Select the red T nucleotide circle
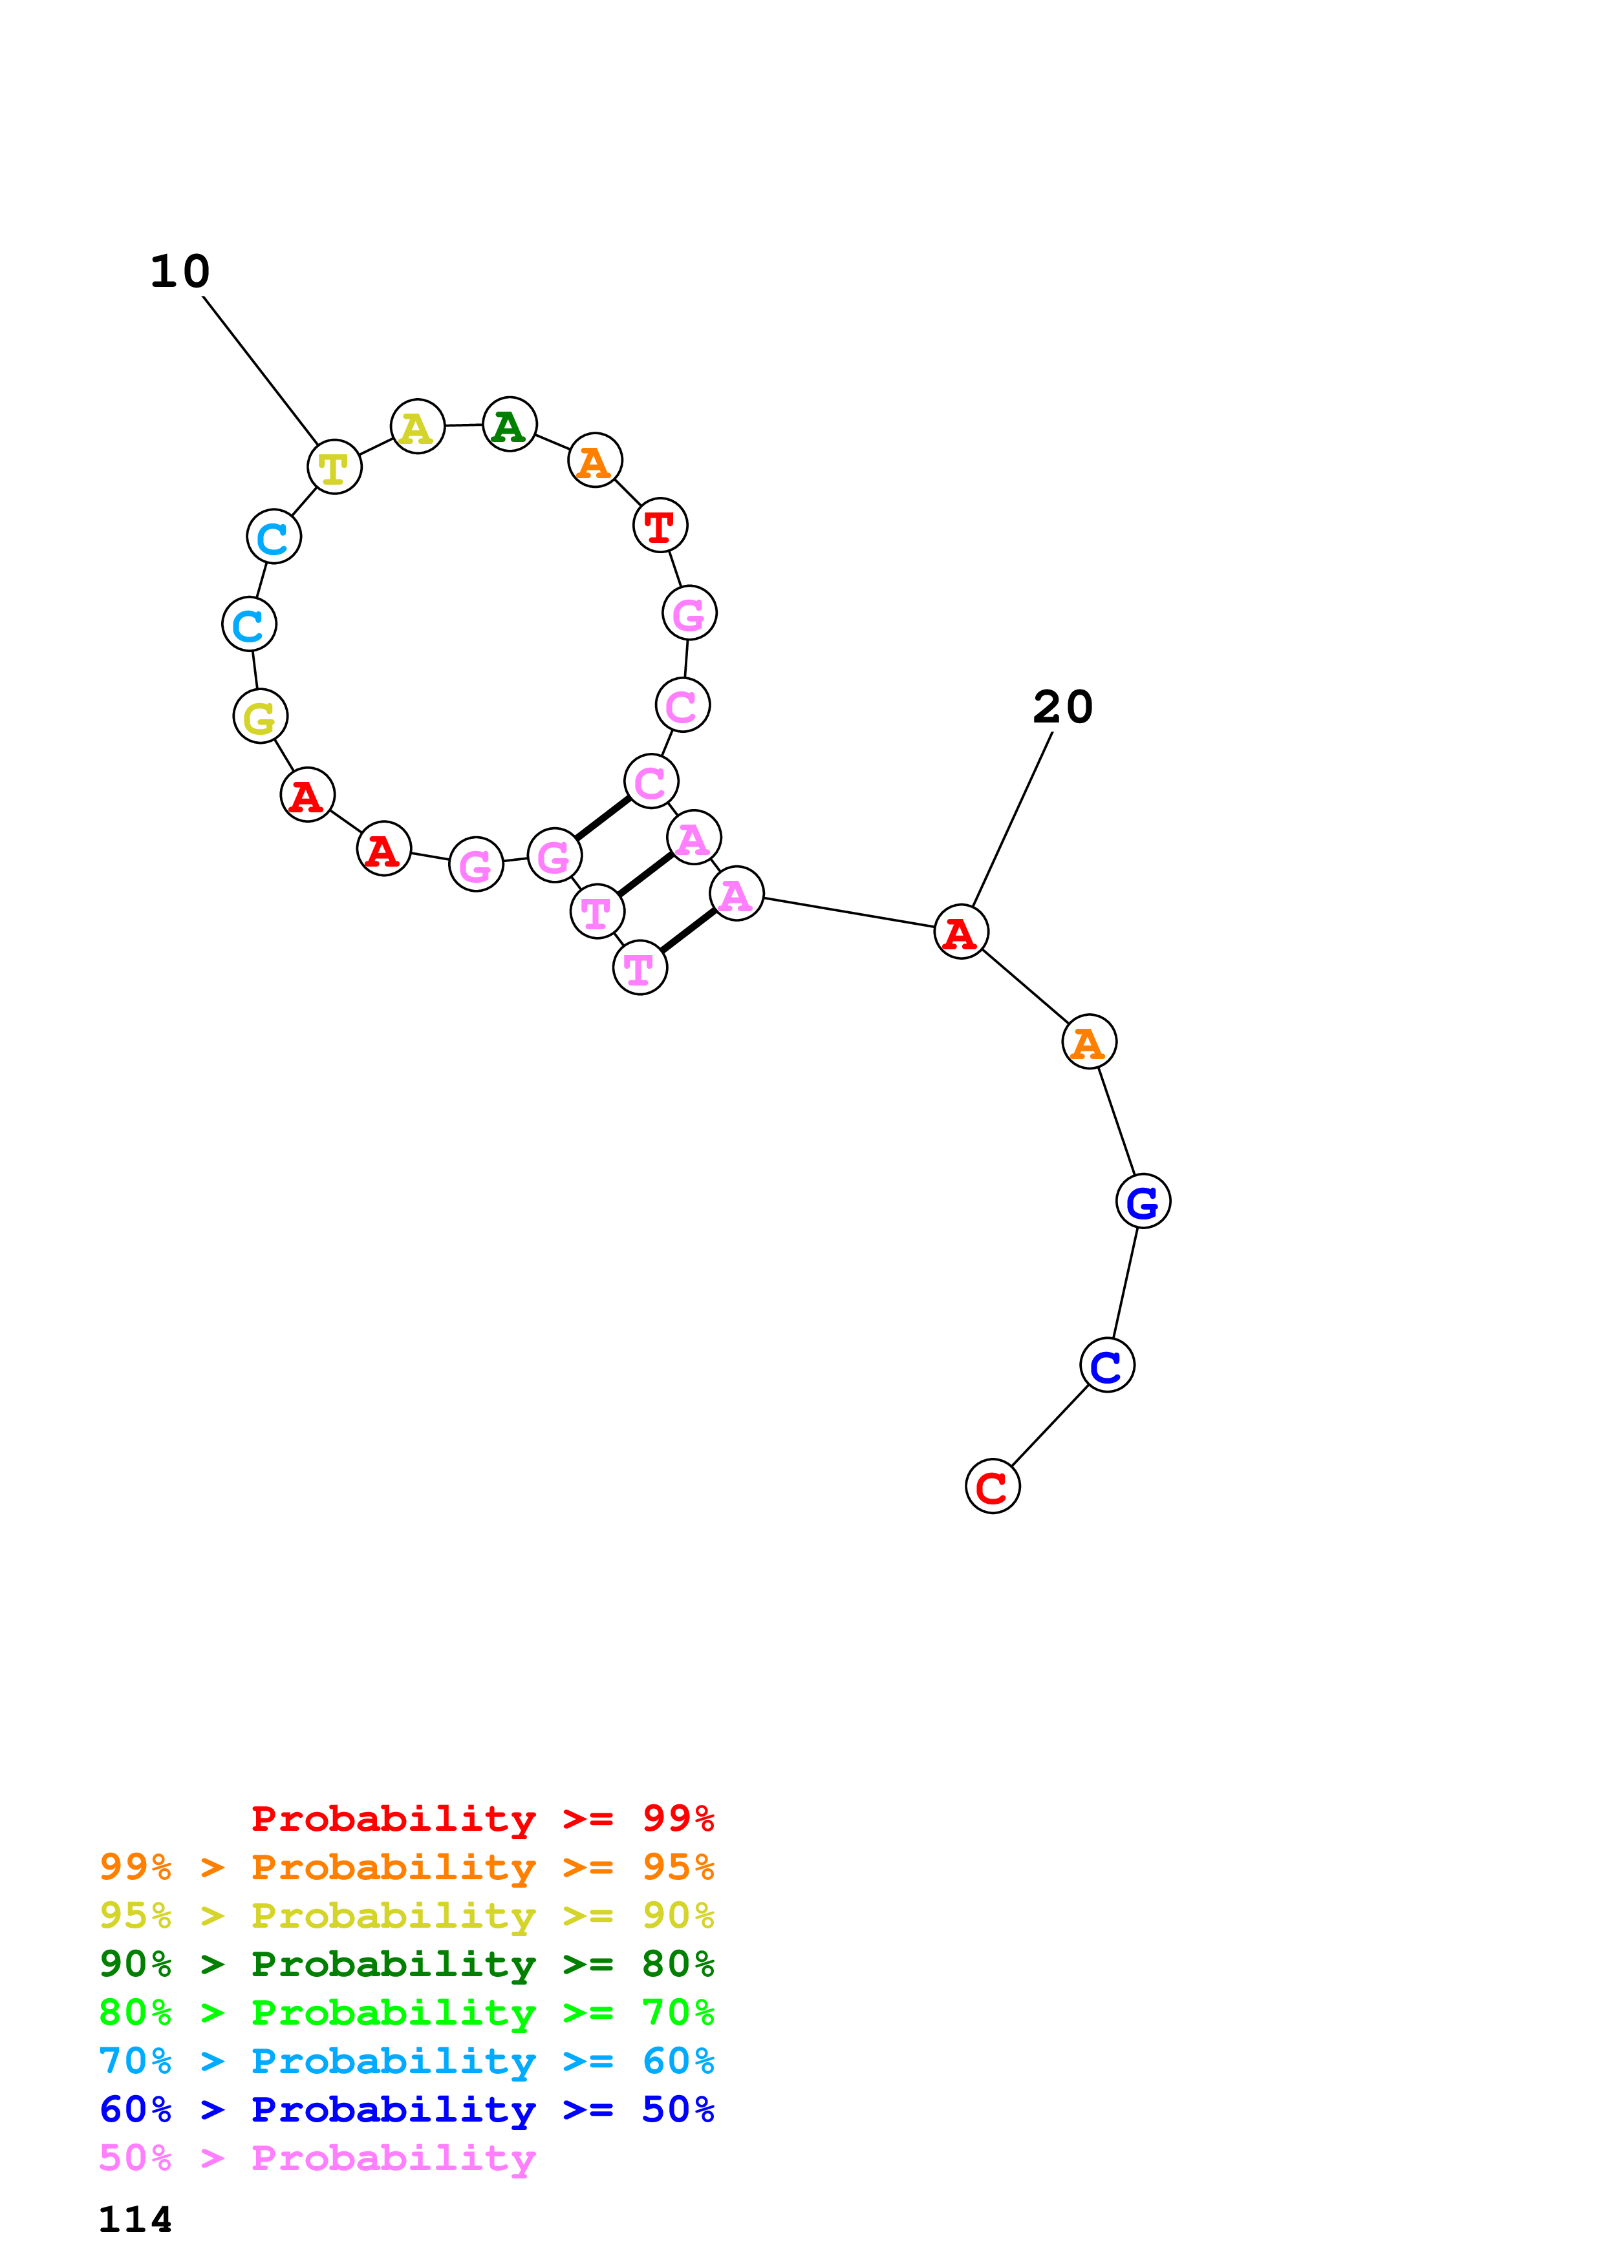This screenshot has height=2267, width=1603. pos(660,525)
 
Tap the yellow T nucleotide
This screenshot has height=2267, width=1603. pos(334,467)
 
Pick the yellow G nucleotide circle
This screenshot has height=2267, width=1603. pos(260,717)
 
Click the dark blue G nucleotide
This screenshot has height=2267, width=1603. pos(1143,1201)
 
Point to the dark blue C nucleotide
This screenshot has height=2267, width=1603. pos(1106,1365)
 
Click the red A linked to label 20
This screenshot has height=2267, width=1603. pos(960,932)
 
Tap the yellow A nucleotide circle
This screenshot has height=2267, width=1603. pos(417,428)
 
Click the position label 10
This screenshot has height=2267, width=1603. pos(180,271)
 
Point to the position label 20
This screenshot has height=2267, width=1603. pos(1063,707)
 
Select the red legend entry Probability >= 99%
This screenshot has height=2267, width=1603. pos(482,1819)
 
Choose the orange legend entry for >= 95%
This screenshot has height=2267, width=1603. pos(407,1867)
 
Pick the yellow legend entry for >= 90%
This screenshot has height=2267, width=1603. pos(407,1915)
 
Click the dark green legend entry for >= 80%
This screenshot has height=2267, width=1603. pos(407,1964)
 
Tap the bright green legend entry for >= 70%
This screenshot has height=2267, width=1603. pos(407,2012)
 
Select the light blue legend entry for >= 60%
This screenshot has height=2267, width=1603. pos(407,2061)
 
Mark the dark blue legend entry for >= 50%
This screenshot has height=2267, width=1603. pos(407,2110)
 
